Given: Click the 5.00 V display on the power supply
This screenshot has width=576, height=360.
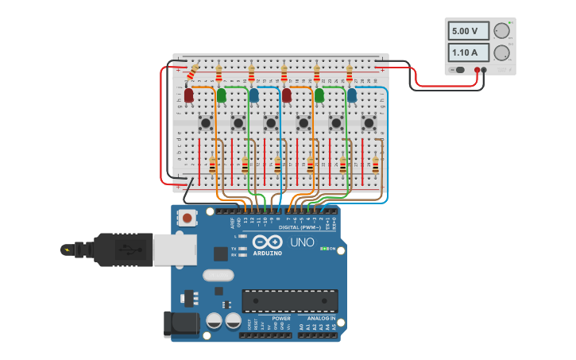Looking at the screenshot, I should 468,32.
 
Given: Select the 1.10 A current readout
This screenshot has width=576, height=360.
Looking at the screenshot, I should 468,53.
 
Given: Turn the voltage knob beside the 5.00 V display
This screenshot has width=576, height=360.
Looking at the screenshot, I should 501,31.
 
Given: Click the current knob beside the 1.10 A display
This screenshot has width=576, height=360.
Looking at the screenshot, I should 501,53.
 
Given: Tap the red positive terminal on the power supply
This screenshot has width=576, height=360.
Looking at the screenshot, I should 477,70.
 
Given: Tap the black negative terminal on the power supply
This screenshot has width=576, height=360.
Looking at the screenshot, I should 484,70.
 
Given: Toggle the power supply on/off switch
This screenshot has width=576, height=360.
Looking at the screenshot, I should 458,70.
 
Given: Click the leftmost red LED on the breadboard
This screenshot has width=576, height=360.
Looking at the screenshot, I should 188,95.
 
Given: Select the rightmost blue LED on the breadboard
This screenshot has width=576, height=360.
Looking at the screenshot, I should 351,95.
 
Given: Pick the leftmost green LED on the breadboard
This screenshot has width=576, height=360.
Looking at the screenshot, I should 221,95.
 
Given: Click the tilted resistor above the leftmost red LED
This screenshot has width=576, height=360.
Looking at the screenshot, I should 192,73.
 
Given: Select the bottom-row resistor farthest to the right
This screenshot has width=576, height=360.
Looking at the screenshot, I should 375,165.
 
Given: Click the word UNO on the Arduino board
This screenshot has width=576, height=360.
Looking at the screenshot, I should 302,242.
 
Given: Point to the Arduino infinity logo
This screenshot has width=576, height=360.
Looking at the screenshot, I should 268,242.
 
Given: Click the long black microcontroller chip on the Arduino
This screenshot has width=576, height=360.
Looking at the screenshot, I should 290,301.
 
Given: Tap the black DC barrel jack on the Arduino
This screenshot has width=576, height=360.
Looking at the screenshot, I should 179,324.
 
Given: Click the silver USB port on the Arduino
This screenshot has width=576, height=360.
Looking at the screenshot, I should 174,250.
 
